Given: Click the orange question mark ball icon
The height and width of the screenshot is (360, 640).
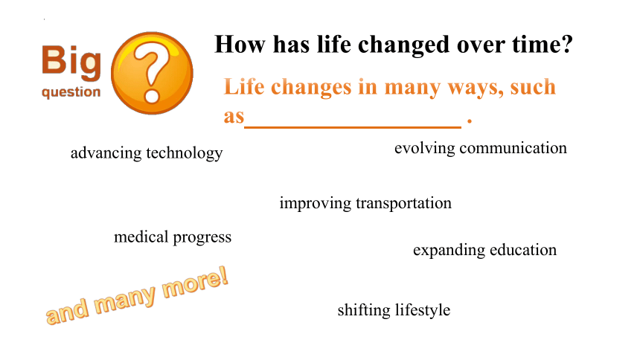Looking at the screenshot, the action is [x=152, y=73].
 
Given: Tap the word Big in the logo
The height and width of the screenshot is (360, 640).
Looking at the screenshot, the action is [x=71, y=62].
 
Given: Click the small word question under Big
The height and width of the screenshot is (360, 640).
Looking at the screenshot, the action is [x=71, y=92].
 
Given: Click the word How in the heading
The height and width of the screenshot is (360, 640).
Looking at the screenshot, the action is [x=240, y=44].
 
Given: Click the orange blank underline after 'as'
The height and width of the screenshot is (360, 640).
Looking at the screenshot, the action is [x=353, y=127].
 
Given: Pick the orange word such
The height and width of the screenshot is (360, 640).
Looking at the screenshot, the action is [x=533, y=86].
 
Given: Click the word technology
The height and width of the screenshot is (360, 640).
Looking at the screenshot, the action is [x=185, y=153].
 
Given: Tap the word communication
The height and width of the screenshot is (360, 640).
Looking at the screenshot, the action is [x=513, y=148].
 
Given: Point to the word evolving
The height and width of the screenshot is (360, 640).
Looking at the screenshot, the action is [x=424, y=149].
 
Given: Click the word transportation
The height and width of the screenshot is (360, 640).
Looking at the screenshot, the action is [x=403, y=203].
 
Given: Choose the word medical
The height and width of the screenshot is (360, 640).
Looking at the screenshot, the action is [x=141, y=237].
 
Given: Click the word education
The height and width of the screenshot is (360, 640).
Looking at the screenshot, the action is [x=523, y=249].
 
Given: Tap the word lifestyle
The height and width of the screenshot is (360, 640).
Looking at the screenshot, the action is [x=423, y=310].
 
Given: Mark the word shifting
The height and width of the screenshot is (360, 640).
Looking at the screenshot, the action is [x=364, y=310].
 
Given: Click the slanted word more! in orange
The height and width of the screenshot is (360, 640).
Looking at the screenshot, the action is [x=195, y=283].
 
